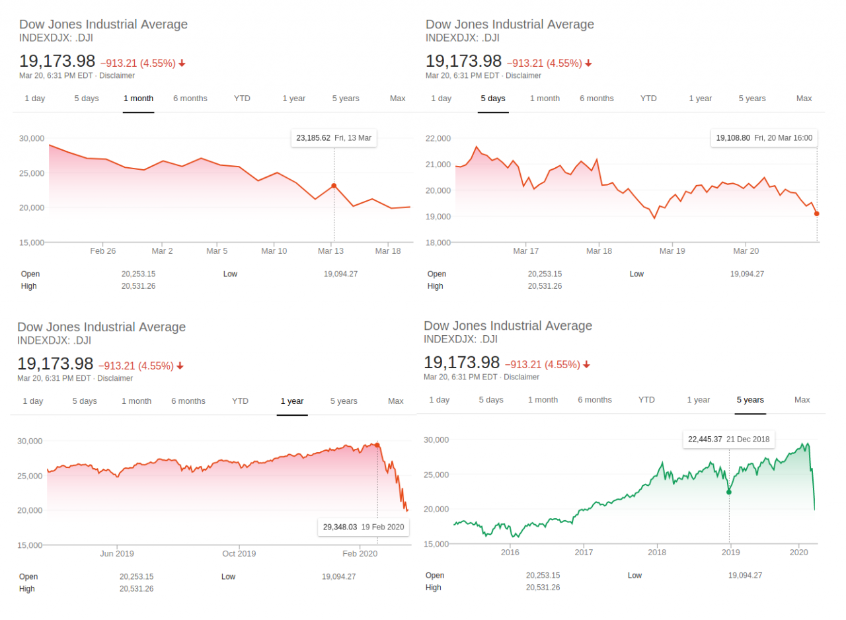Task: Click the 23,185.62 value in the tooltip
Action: point(314,138)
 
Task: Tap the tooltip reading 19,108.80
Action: point(733,138)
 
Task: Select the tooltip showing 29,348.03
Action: point(340,527)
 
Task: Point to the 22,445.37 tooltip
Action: point(705,439)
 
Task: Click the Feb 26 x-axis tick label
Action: point(103,251)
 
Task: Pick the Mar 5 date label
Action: point(217,251)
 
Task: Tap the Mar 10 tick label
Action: point(274,251)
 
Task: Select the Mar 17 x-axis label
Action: point(526,251)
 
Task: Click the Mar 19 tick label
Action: point(672,251)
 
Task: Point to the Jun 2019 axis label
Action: point(117,554)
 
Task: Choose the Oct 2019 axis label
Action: point(239,554)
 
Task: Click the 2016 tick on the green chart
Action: point(510,552)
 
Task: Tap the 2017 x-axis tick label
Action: point(584,552)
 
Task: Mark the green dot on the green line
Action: point(729,492)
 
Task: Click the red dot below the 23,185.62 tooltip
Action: point(334,186)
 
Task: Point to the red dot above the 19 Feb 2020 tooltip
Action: point(377,445)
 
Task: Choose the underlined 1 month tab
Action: point(138,98)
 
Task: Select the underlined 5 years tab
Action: point(750,400)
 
